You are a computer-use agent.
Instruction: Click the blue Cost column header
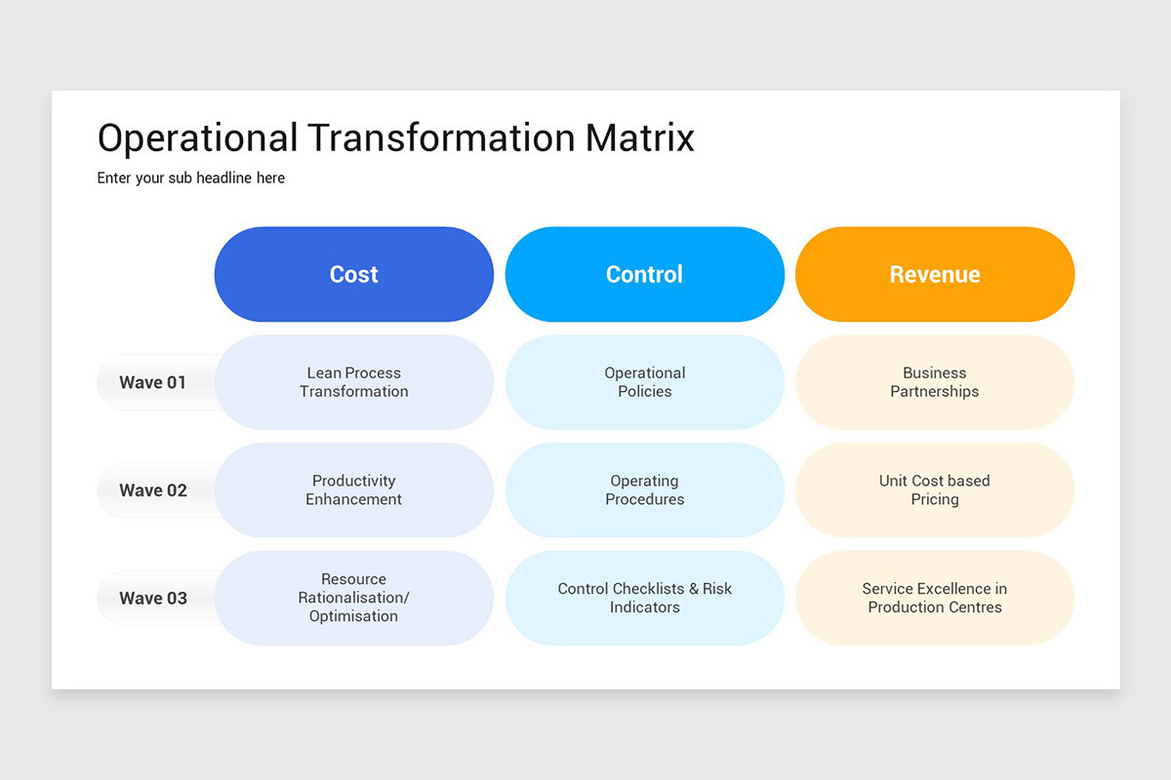tap(353, 274)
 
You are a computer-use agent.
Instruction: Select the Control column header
tap(644, 274)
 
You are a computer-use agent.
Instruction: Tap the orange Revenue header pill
tap(934, 274)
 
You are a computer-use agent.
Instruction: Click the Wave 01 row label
tap(152, 382)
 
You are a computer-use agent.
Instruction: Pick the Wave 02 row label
tap(152, 490)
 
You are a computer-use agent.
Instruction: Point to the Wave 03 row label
tap(152, 598)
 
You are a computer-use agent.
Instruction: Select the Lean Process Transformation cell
tap(353, 382)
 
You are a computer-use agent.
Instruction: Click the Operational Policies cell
tap(644, 382)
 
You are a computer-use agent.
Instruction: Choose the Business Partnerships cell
tap(934, 382)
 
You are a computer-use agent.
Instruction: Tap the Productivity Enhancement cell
tap(353, 490)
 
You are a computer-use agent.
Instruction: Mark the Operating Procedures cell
tap(644, 490)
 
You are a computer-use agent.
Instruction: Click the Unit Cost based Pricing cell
tap(934, 490)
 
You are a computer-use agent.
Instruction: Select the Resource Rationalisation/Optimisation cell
tap(353, 598)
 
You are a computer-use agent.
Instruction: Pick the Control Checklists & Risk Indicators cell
tap(644, 598)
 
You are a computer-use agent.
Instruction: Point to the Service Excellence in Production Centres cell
tap(934, 598)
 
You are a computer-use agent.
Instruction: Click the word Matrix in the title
tap(639, 138)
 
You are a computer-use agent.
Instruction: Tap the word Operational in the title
tap(197, 138)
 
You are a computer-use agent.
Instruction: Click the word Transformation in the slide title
tap(442, 138)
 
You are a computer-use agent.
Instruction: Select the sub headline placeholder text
tap(191, 178)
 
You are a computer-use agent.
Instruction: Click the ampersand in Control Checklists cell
tap(694, 589)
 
